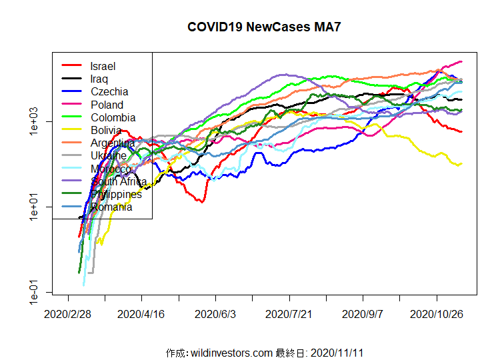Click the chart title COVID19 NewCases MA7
(259, 27)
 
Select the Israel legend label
(103, 66)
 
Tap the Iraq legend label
(99, 79)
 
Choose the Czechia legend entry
(109, 91)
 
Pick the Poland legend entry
(107, 105)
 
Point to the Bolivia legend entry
(106, 130)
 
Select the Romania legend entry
(111, 207)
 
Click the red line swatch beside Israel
(71, 66)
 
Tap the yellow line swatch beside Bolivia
(71, 130)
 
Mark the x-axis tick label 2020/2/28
(68, 313)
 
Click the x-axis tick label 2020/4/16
(141, 313)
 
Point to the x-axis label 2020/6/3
(215, 313)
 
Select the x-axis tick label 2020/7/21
(289, 313)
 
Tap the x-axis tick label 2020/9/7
(363, 313)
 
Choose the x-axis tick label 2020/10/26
(437, 313)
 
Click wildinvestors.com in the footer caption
(231, 352)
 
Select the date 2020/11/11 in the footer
(336, 352)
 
